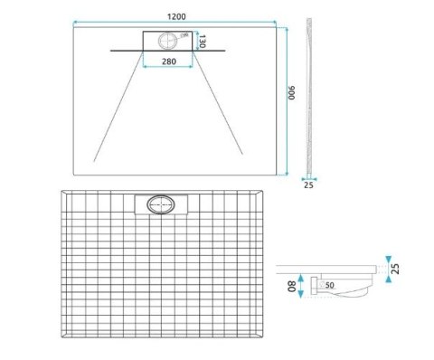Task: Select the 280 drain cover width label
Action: [167, 61]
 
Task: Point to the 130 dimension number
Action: [205, 43]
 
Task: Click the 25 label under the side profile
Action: [309, 185]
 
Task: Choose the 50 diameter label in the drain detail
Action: [329, 287]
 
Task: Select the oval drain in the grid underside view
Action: [160, 204]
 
